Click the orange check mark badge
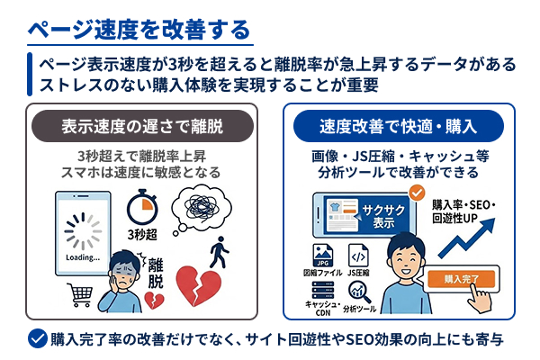(x=417, y=192)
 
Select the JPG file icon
(x=319, y=255)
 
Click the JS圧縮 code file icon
(x=358, y=255)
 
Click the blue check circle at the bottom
(x=37, y=339)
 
